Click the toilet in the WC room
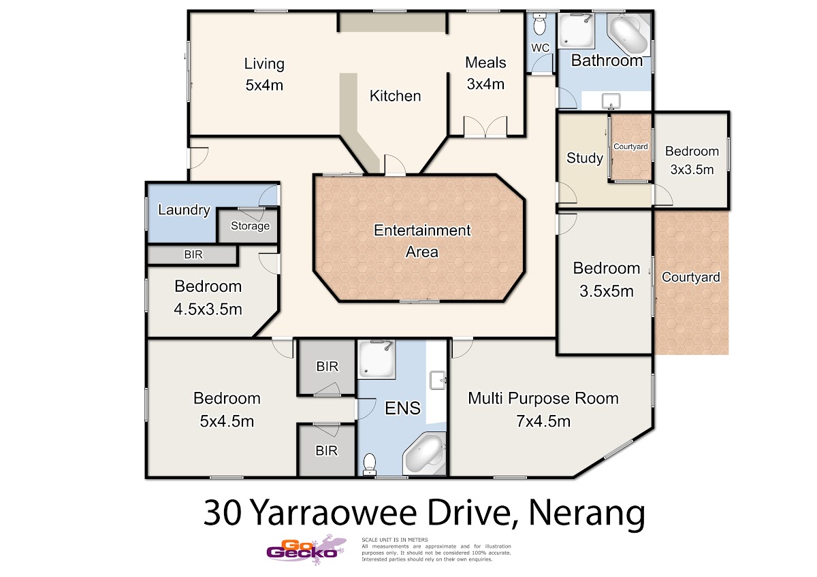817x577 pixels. [539, 24]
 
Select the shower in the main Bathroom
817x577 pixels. [576, 31]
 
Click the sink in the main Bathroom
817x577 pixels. [611, 101]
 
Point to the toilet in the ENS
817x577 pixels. [370, 464]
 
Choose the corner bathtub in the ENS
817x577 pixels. [425, 454]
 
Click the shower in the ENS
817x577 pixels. [377, 360]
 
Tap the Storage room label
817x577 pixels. [251, 226]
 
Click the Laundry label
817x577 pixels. [185, 210]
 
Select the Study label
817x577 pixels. [585, 158]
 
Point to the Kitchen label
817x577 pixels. [395, 96]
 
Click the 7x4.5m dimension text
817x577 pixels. [543, 421]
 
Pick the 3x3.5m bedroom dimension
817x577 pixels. [692, 169]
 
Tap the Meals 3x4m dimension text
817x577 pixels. [485, 84]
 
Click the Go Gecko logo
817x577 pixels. [306, 550]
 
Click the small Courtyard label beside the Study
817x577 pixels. [630, 146]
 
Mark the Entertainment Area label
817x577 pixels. [422, 241]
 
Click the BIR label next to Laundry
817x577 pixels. [193, 254]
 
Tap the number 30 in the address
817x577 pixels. [223, 512]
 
